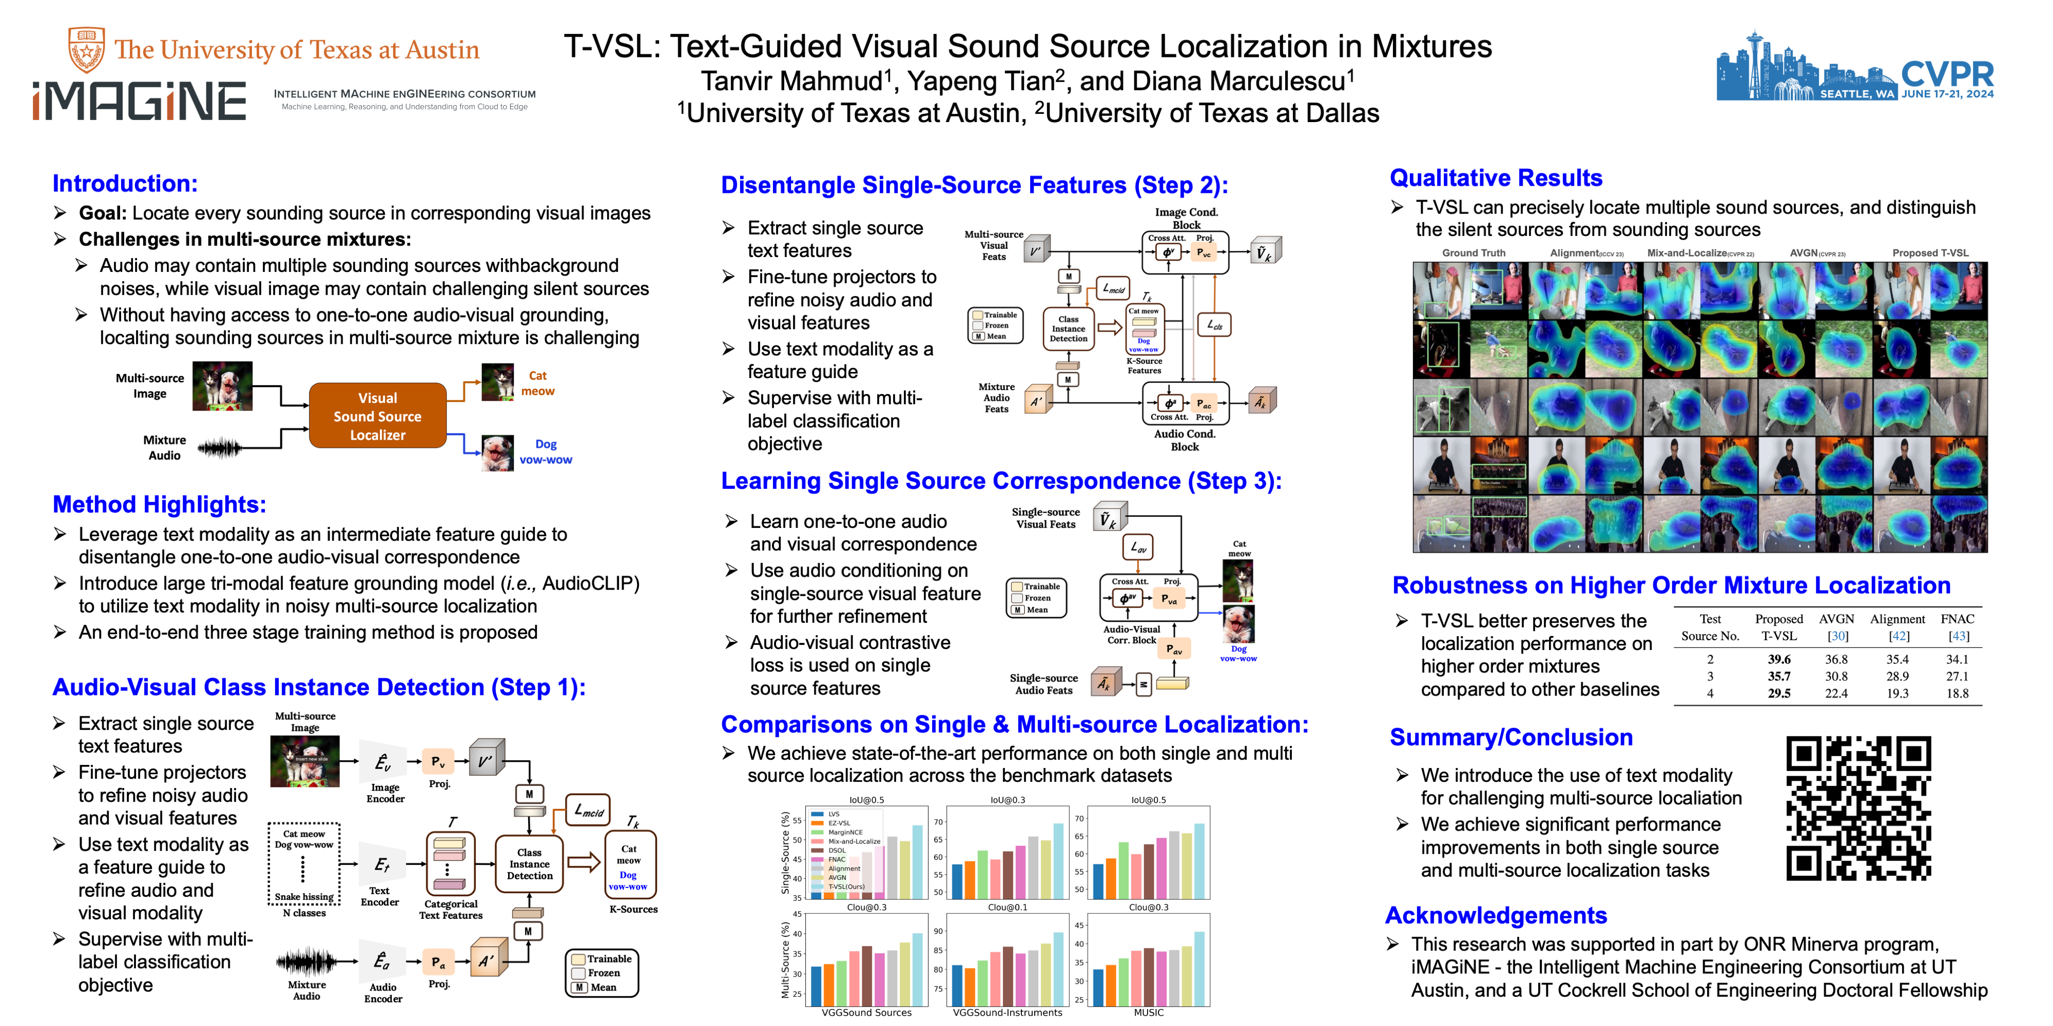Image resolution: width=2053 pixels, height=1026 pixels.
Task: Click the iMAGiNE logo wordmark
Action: (x=140, y=101)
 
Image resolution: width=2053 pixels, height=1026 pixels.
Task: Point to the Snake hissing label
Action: (x=304, y=896)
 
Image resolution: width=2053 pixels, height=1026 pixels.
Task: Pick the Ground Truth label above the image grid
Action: (x=1473, y=253)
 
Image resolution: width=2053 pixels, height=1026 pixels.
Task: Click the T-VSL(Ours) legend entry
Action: (x=846, y=886)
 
